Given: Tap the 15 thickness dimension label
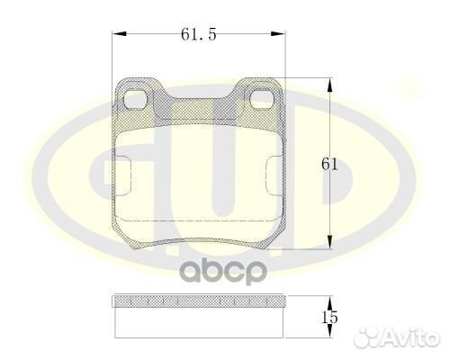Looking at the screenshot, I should [330, 317].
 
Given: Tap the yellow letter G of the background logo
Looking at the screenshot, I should [72, 162].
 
